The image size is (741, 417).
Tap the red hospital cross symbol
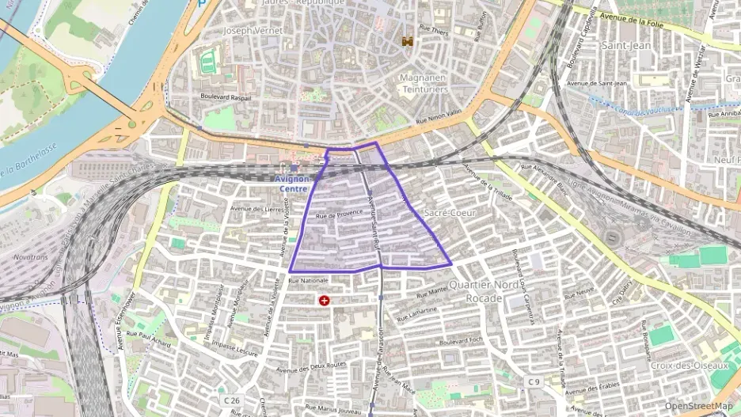325,300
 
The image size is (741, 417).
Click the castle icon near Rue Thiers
408,40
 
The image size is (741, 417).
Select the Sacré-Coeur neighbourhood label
448,214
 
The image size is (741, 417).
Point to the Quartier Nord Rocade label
475,291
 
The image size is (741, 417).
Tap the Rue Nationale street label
308,280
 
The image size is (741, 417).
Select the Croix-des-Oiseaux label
688,366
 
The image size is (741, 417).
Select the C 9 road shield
534,382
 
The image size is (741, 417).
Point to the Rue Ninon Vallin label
438,119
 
